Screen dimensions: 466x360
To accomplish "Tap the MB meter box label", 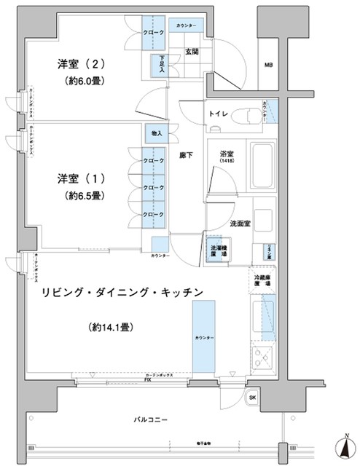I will (x=268, y=65).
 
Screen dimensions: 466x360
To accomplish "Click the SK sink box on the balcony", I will (x=253, y=397).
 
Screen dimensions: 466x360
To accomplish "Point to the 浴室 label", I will (x=226, y=154).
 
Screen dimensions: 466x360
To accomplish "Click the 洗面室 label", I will (x=240, y=223).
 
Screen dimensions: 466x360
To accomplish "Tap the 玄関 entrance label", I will (x=192, y=51).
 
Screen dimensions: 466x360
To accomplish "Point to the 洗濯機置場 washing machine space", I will (x=215, y=250).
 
